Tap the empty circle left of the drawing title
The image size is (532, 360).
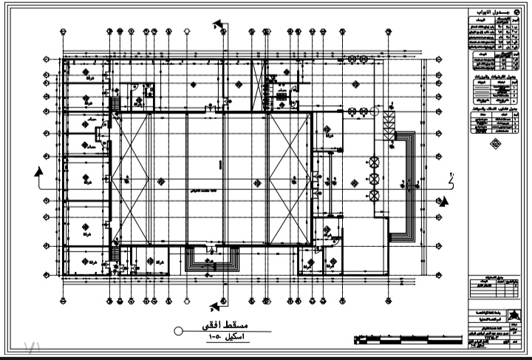point(178,331)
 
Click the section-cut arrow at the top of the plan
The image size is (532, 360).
point(219,27)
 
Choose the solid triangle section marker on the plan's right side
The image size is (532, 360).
point(444,201)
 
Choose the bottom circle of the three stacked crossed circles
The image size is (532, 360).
point(374,195)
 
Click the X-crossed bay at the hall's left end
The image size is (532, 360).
point(131,177)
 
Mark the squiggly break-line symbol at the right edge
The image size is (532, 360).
point(451,177)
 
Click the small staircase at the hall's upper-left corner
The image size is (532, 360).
point(115,105)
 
